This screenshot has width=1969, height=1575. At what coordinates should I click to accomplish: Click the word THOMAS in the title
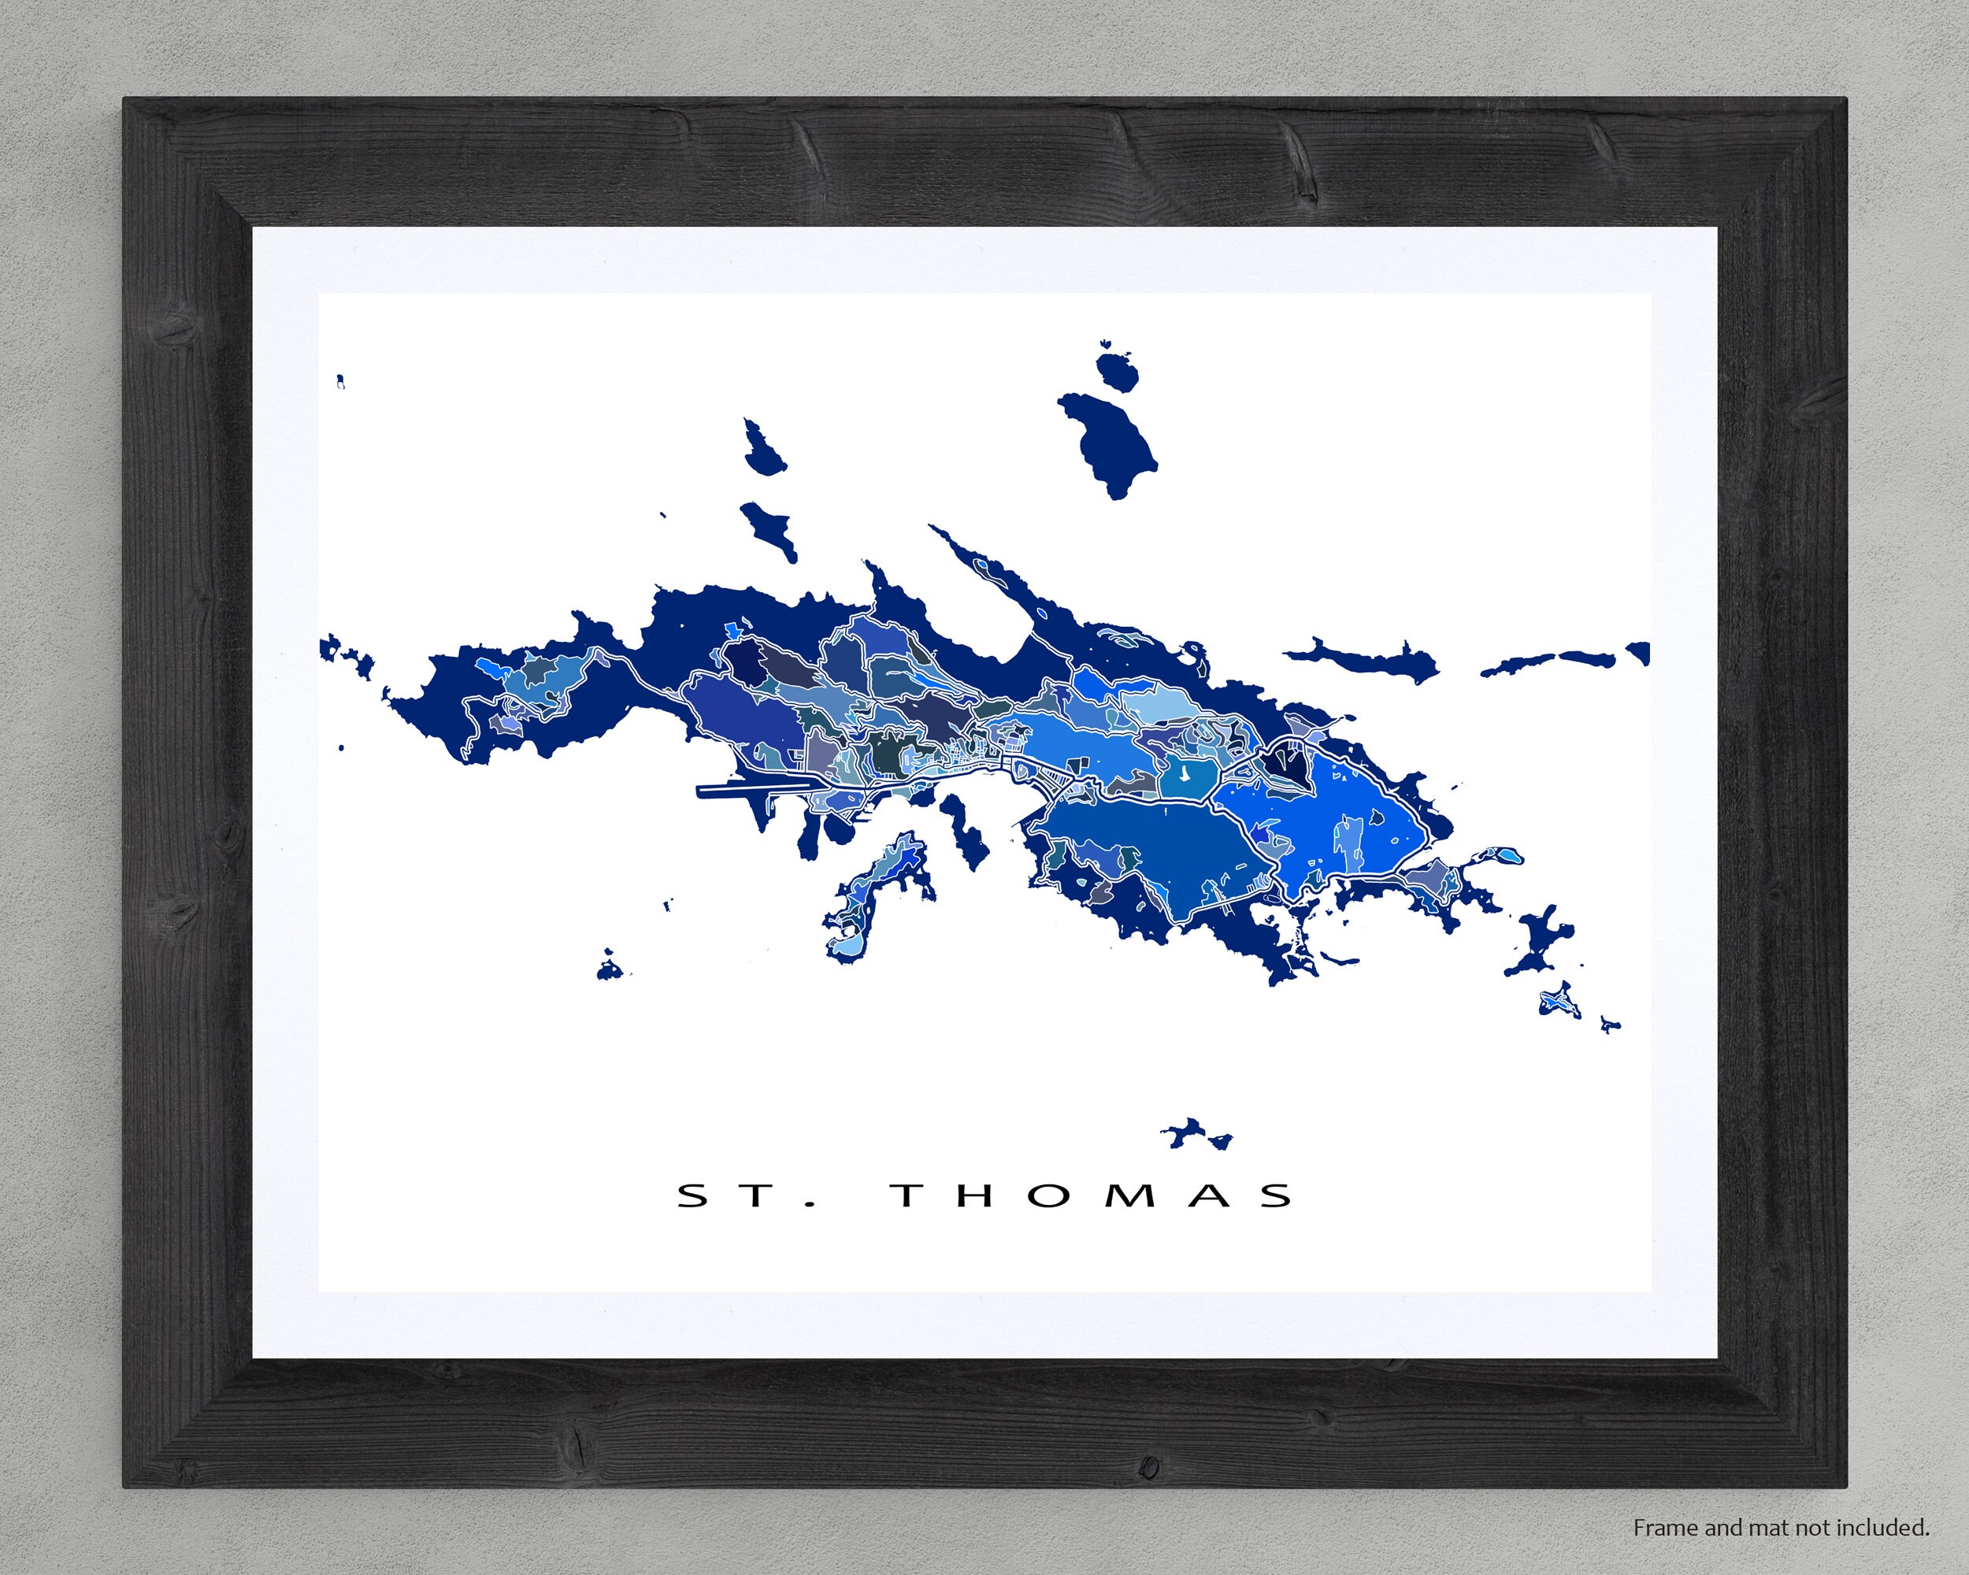point(1092,1195)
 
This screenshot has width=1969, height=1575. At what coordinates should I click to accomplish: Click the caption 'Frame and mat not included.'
point(1781,1527)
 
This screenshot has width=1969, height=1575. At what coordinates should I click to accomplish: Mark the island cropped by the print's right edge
point(1639,653)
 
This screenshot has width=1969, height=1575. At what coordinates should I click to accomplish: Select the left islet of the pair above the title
point(1185,1133)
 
